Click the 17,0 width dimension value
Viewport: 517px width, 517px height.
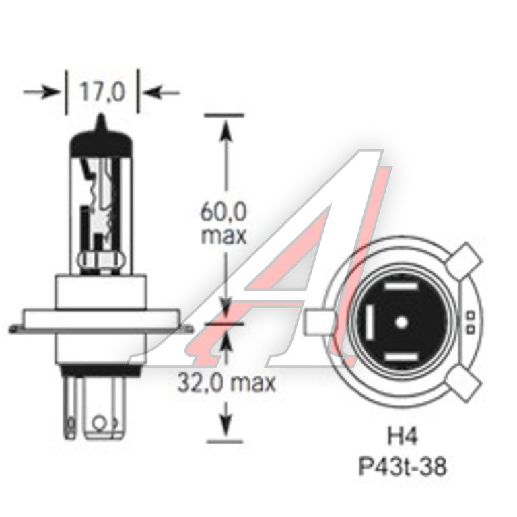[x=102, y=92]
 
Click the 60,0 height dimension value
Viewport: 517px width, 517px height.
[x=223, y=211]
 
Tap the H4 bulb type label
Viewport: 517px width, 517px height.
[x=402, y=436]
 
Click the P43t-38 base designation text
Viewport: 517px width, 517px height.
[x=403, y=467]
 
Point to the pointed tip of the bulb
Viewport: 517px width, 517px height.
[x=101, y=115]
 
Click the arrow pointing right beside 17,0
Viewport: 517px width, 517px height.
[x=40, y=92]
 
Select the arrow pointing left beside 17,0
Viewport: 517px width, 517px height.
[x=162, y=92]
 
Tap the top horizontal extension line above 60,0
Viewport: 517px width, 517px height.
[x=224, y=115]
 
